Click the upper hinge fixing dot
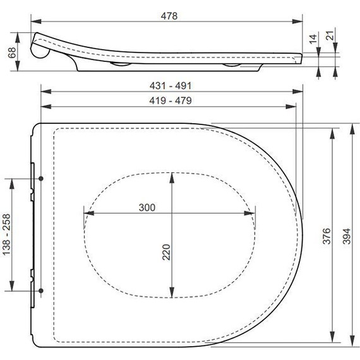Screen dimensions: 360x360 (x=42, y=179)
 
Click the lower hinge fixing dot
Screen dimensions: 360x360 (x=42, y=290)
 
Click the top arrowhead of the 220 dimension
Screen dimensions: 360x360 (x=171, y=175)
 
